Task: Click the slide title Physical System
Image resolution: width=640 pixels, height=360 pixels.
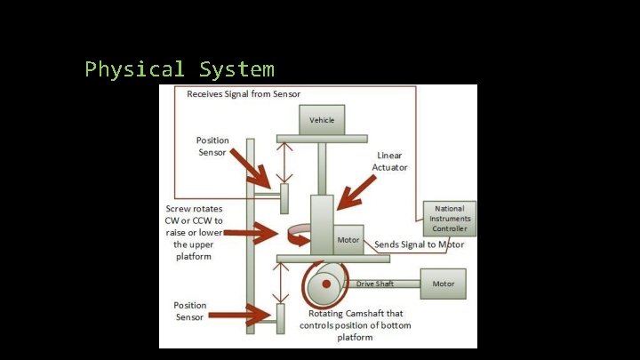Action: tap(180, 69)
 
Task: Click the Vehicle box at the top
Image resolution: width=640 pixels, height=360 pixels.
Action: tap(322, 120)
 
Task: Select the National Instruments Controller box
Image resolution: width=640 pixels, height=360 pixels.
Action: tap(450, 219)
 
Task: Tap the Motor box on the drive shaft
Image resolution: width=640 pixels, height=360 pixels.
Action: tap(444, 284)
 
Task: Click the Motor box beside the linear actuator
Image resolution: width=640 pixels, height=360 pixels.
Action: tap(348, 240)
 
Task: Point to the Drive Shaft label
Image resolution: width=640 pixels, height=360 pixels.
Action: tap(377, 284)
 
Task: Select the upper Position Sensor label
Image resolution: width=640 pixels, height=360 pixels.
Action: tap(213, 146)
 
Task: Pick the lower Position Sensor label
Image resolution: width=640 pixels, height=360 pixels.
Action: tap(189, 310)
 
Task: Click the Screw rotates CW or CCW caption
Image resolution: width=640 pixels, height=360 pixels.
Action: tap(194, 232)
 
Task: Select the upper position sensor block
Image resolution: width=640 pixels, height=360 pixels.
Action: tap(284, 197)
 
